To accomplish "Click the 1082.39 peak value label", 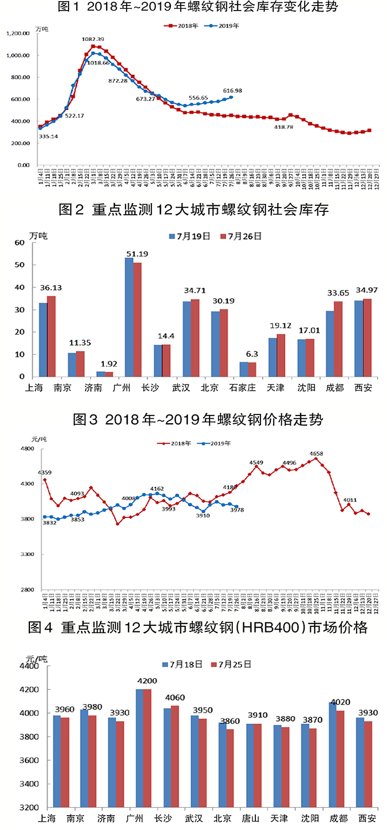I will (x=93, y=39).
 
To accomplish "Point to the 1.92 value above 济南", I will (x=105, y=364).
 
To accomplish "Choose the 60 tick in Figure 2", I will (x=20, y=243).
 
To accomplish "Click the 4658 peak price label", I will (x=316, y=453).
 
